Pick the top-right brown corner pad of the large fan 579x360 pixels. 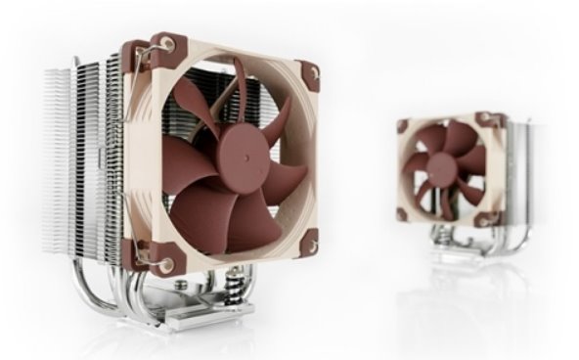click(308, 73)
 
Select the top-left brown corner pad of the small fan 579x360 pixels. click(403, 124)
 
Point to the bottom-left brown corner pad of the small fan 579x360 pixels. click(402, 211)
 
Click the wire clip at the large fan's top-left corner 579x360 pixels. click(161, 47)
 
